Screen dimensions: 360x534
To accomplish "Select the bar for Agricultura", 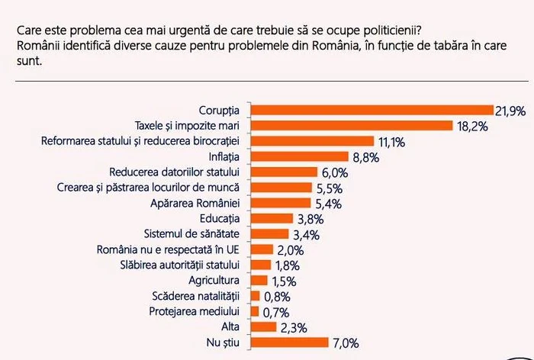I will tap(258, 281).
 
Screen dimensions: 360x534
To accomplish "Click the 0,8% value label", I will tap(278, 296).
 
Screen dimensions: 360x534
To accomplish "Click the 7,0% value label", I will tap(343, 343).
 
